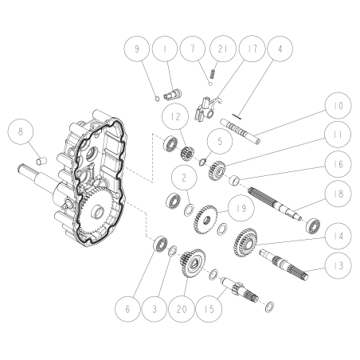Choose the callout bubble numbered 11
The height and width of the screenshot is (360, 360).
338,137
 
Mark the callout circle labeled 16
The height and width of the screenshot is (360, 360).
338,166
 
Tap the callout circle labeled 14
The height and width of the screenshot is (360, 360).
338,237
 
